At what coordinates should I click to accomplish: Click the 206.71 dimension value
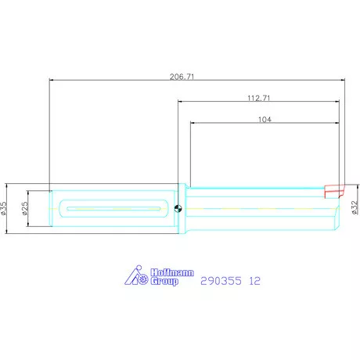pyautogui.click(x=182, y=76)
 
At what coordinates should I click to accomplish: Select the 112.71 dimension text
pyautogui.click(x=258, y=98)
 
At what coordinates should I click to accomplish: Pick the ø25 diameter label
pyautogui.click(x=25, y=208)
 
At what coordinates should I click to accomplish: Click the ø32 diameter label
pyautogui.click(x=355, y=206)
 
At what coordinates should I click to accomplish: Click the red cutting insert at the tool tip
pyautogui.click(x=334, y=189)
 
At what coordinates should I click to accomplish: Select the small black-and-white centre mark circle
pyautogui.click(x=179, y=208)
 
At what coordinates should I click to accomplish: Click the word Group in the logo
pyautogui.click(x=163, y=281)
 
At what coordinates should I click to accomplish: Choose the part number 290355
pyautogui.click(x=220, y=280)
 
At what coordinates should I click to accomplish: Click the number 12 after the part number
pyautogui.click(x=254, y=280)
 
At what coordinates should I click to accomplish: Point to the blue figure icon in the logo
pyautogui.click(x=135, y=276)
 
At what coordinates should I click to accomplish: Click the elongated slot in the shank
pyautogui.click(x=115, y=208)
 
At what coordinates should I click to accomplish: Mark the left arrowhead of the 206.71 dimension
pyautogui.click(x=51, y=79)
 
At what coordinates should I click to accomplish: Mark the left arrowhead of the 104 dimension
pyautogui.click(x=191, y=122)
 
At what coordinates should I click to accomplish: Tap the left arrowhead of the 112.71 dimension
pyautogui.click(x=179, y=101)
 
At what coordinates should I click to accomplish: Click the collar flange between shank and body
pyautogui.click(x=185, y=208)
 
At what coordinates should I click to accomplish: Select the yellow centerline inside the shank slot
pyautogui.click(x=115, y=208)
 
